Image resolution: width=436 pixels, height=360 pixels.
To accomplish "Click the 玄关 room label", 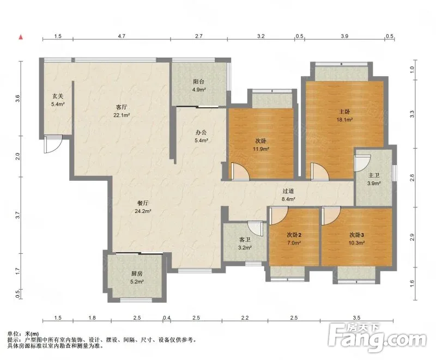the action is tap(58, 96).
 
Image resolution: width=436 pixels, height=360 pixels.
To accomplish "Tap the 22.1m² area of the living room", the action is tap(122, 115).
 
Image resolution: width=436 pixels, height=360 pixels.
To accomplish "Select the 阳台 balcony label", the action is tap(198, 82).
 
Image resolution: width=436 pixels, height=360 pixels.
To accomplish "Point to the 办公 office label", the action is tap(201, 132).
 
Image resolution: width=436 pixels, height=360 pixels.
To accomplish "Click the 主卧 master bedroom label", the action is tap(344, 112).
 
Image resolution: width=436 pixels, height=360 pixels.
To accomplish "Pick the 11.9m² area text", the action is tap(261, 149).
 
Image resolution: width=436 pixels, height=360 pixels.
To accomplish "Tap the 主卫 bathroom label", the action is tap(374, 175).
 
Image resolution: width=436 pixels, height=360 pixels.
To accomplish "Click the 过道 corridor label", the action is tap(288, 191).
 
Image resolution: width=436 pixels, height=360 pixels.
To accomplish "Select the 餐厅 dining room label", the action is tap(143, 203).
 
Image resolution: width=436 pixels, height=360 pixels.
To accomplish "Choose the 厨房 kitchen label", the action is tap(137, 273).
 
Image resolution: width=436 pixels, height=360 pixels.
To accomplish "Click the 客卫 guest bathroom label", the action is tap(245, 240).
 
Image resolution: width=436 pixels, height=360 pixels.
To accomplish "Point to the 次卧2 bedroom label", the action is tap(294, 235).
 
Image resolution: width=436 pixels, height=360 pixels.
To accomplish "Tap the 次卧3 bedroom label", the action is tap(357, 235).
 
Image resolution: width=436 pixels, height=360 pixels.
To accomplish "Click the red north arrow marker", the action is tap(20, 37).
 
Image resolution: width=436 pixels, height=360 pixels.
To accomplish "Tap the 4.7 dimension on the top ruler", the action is tap(122, 36).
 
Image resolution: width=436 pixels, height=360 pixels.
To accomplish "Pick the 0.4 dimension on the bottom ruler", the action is tap(167, 318).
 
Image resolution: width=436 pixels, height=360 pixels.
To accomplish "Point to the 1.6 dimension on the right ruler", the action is tap(412, 284).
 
